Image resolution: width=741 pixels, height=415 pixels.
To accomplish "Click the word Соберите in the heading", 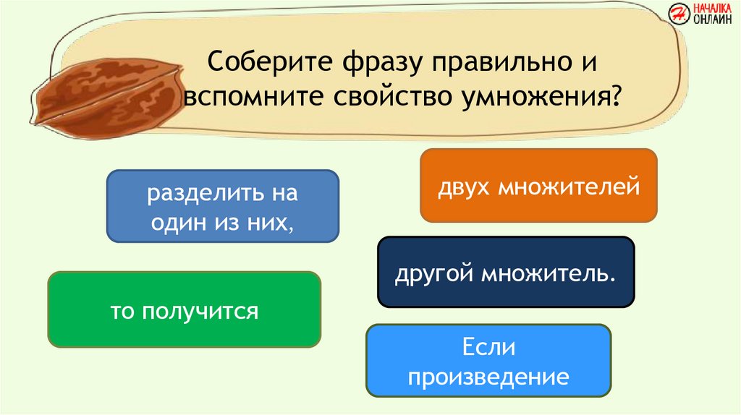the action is pos(271,61).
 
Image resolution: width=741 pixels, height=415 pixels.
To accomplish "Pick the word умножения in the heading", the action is pos(535,97).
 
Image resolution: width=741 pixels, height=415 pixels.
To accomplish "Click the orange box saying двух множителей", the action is pos(538,186).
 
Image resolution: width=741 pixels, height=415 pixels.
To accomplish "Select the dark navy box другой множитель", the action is pos(506,273).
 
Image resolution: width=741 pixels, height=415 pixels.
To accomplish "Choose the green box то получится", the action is pos(185,309).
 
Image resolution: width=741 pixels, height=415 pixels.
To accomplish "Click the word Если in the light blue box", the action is pos(488,347).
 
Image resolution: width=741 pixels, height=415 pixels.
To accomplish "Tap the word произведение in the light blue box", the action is pos(488,377).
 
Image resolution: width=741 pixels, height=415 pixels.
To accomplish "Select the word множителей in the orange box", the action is pos(569,187).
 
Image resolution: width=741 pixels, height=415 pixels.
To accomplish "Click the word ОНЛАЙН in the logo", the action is pos(712,19).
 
